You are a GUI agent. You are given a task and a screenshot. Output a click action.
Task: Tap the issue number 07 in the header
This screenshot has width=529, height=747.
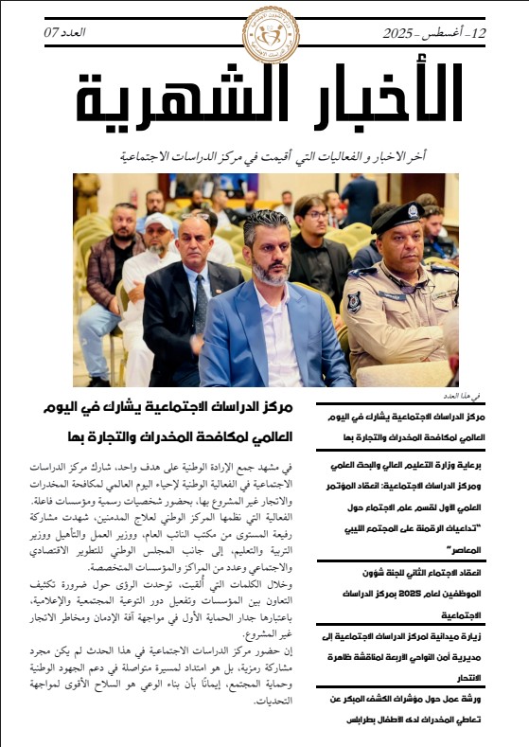[51, 33]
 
